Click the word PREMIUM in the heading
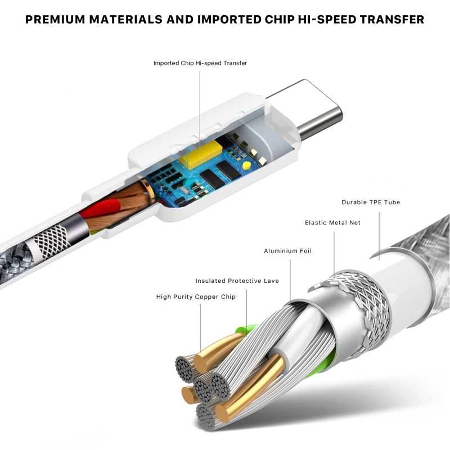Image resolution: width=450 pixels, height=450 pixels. point(55,20)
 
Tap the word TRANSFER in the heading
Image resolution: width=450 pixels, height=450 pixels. point(392,20)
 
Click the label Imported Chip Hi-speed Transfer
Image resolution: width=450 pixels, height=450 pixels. point(200,63)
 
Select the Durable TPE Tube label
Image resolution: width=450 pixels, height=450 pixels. point(371,202)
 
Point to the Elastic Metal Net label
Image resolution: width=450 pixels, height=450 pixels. point(332,223)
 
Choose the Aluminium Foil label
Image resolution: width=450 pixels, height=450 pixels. point(287,251)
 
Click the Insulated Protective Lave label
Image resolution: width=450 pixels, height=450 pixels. point(237,281)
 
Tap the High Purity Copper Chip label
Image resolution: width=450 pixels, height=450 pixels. point(196,297)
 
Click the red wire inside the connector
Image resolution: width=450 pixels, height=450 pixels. point(100,209)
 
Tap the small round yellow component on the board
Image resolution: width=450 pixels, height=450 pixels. point(246,165)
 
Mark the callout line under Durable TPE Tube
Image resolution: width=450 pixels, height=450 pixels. point(379,236)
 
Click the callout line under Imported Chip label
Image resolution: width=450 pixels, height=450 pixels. point(200,109)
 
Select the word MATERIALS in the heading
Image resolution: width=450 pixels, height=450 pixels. point(125,20)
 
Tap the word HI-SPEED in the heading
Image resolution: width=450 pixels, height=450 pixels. point(327,20)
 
